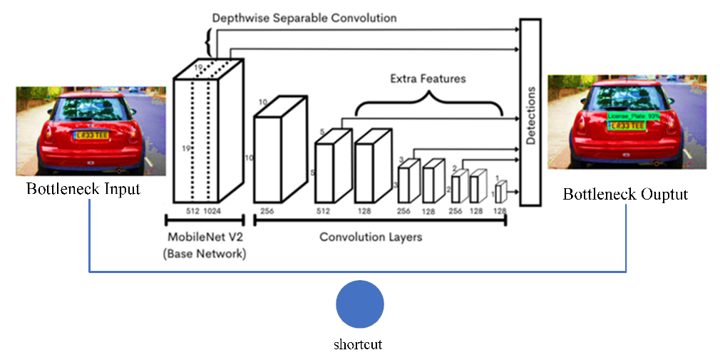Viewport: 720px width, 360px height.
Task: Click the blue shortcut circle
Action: coord(360,304)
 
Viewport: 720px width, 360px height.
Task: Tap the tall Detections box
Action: coord(530,113)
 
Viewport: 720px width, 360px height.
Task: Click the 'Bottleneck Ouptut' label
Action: coord(626,195)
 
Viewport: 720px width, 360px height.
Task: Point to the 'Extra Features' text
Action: coord(428,78)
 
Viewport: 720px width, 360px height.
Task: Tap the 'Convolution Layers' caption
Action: coord(371,237)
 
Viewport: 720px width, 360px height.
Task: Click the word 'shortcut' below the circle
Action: coord(358,345)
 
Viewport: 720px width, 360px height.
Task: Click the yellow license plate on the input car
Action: coord(88,133)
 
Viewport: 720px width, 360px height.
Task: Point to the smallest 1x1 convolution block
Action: coord(500,192)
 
